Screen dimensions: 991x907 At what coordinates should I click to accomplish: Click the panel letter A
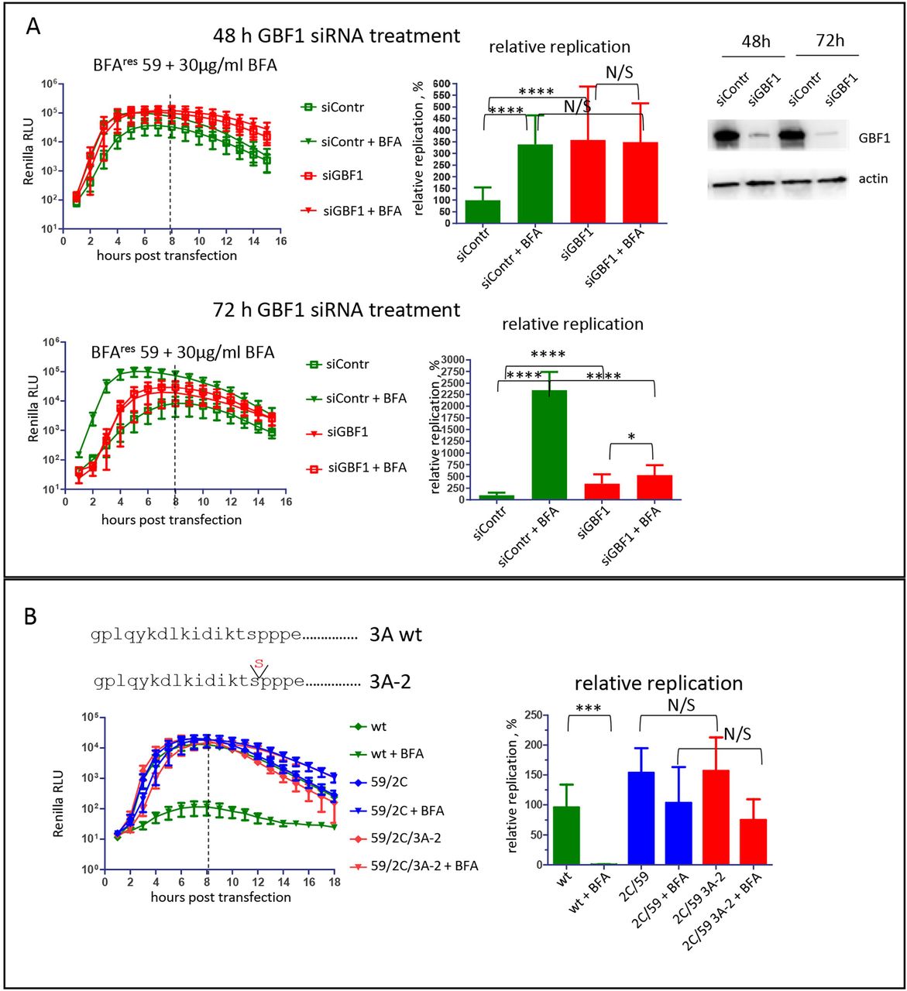coord(33,26)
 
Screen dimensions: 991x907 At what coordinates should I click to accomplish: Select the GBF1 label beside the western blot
coord(874,139)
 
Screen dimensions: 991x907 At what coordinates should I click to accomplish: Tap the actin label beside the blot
coord(873,179)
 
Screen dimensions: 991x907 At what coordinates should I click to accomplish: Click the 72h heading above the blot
coord(830,41)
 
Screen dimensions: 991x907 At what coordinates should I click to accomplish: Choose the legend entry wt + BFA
coord(397,754)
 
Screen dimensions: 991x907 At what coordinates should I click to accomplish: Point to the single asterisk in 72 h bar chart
coord(631,437)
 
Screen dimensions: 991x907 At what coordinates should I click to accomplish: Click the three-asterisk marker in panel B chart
coord(589,708)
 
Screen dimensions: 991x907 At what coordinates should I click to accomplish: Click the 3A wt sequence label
coord(395,636)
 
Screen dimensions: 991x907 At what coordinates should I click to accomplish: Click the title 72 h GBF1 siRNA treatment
coord(336,310)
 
